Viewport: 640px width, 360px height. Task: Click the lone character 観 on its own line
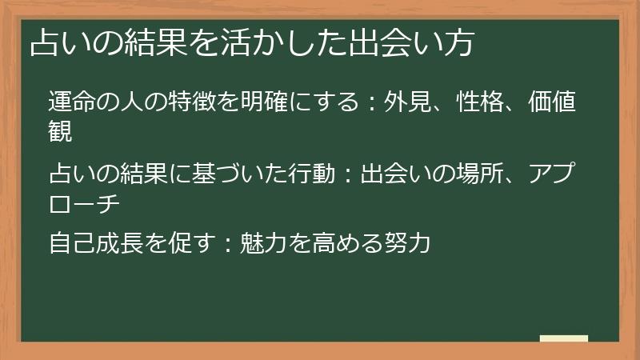(61, 130)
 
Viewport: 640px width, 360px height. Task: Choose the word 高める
(335, 242)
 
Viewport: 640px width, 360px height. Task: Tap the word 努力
(408, 242)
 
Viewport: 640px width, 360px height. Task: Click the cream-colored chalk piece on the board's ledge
(564, 338)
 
